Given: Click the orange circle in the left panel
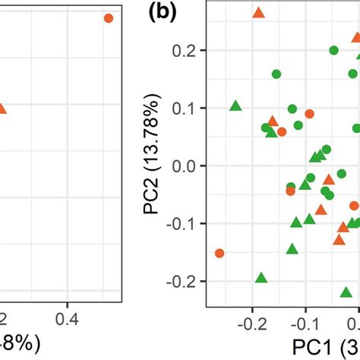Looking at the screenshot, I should coord(108,17).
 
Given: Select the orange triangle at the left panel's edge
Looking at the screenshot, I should coord(2,109).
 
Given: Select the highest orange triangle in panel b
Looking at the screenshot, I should coord(258,12).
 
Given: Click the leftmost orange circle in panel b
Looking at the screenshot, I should coord(219,253).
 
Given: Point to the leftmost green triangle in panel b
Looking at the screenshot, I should coord(235,106).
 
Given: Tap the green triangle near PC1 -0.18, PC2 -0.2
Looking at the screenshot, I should coord(261,278).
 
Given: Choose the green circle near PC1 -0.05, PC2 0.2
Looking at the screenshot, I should coord(333,50).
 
